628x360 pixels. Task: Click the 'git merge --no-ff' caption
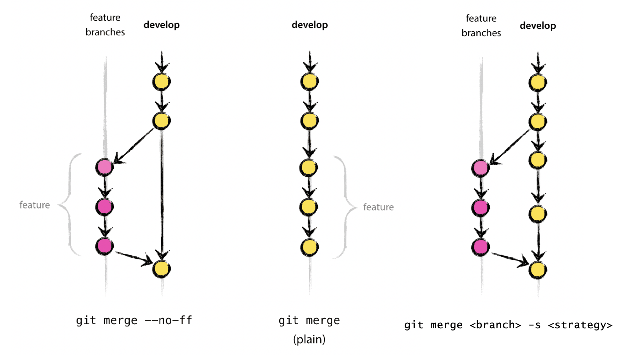pyautogui.click(x=134, y=320)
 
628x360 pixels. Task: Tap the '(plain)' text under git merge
pyautogui.click(x=309, y=340)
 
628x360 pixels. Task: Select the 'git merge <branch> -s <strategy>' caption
pyautogui.click(x=508, y=325)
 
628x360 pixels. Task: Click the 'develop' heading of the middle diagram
pyautogui.click(x=310, y=25)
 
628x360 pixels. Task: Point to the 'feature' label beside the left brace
pyautogui.click(x=35, y=205)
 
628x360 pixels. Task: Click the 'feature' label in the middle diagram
pyautogui.click(x=379, y=207)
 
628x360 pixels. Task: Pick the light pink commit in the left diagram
pyautogui.click(x=104, y=167)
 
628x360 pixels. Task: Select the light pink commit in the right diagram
pyautogui.click(x=480, y=168)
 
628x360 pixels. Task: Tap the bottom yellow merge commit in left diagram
pyautogui.click(x=161, y=269)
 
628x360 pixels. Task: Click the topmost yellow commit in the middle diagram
pyautogui.click(x=310, y=82)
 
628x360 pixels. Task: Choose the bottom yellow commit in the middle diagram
pyautogui.click(x=310, y=247)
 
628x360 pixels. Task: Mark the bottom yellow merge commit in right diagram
pyautogui.click(x=537, y=270)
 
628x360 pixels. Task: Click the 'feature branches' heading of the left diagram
pyautogui.click(x=105, y=25)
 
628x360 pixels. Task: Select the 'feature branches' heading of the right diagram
pyautogui.click(x=481, y=26)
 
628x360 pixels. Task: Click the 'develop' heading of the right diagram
pyautogui.click(x=538, y=26)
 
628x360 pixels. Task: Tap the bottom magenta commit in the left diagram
pyautogui.click(x=104, y=246)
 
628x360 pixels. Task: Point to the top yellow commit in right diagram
pyautogui.click(x=537, y=83)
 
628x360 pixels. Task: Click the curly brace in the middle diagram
pyautogui.click(x=345, y=207)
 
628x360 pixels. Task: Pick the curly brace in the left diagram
pyautogui.click(x=69, y=205)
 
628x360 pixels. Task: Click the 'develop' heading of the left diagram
pyautogui.click(x=161, y=25)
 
